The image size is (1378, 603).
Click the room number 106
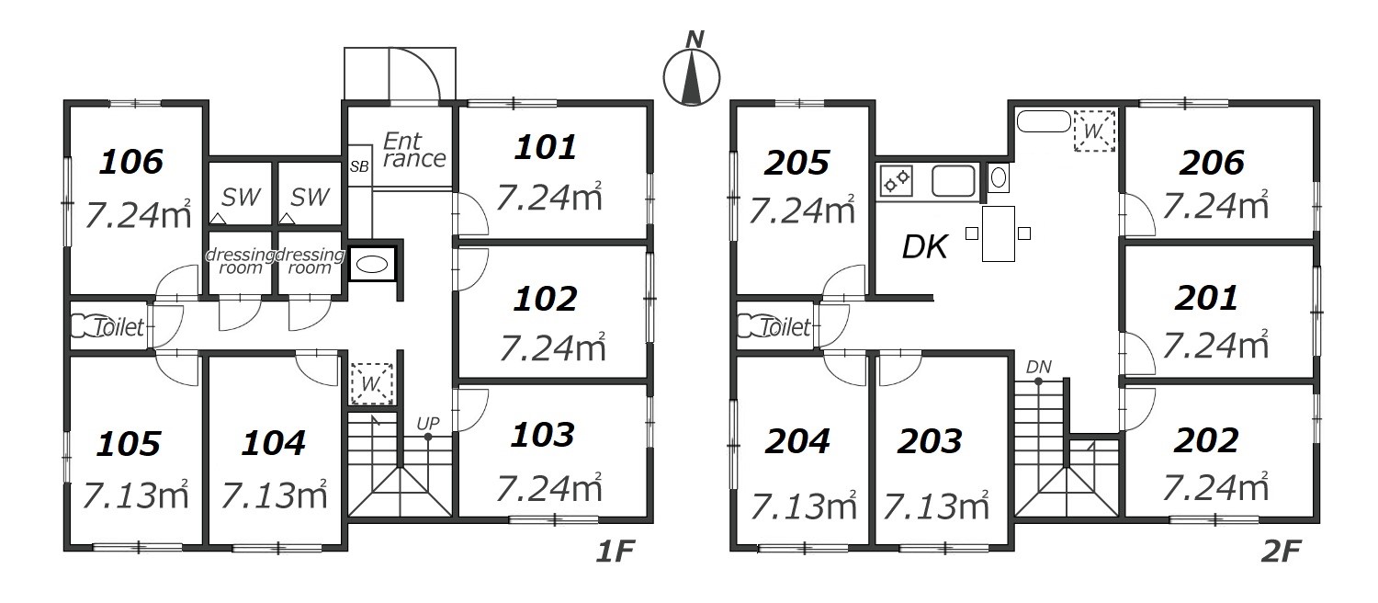click(131, 162)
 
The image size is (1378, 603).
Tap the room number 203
click(930, 442)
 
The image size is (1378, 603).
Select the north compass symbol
click(692, 74)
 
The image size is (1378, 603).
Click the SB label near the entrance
click(359, 166)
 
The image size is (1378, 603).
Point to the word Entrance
click(414, 150)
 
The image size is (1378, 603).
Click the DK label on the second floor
click(924, 247)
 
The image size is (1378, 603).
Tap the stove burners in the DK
click(895, 181)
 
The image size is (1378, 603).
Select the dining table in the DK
click(998, 233)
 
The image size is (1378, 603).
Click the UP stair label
click(428, 424)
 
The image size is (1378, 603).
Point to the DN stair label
click(1038, 368)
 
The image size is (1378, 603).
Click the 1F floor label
click(615, 552)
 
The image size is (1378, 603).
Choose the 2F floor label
click(1281, 552)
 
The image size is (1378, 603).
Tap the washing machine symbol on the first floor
click(371, 383)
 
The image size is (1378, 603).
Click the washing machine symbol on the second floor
click(1094, 131)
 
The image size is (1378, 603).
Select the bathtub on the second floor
click(1044, 121)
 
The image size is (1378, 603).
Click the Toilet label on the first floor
click(119, 327)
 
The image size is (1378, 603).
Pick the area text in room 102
click(552, 347)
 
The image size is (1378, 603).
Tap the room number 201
click(1205, 299)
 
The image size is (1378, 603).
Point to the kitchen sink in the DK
click(953, 181)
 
